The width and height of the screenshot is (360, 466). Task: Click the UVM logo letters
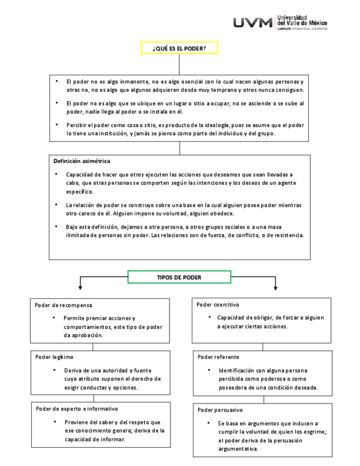(x=252, y=23)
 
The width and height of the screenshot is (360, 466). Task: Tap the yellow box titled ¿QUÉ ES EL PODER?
(x=179, y=48)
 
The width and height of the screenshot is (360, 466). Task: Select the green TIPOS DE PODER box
(x=179, y=278)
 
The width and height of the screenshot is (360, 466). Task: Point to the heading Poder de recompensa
(x=63, y=304)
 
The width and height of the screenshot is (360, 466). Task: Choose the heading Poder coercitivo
(x=218, y=304)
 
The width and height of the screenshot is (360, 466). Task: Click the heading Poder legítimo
(x=54, y=357)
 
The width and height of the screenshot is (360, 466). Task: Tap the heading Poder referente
(x=218, y=357)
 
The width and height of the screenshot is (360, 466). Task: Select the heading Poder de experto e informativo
(x=77, y=408)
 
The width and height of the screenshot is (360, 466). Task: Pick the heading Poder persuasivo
(x=220, y=410)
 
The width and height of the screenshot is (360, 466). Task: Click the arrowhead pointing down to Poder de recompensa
(x=81, y=287)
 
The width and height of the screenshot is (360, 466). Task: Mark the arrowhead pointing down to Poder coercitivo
(x=275, y=287)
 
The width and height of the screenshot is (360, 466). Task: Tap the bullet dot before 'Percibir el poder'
(x=57, y=125)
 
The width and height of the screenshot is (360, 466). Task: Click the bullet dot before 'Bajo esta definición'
(x=57, y=226)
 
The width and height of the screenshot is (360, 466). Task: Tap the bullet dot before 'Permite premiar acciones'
(x=54, y=318)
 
